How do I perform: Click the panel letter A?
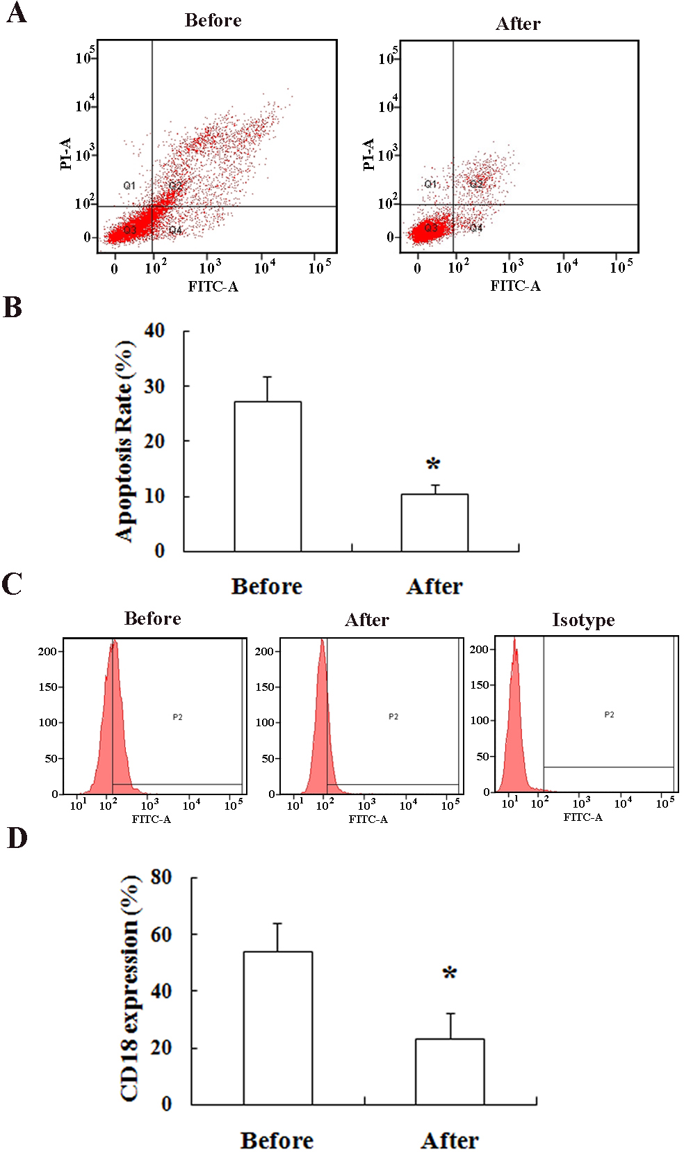click(x=16, y=13)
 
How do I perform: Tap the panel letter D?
click(x=17, y=838)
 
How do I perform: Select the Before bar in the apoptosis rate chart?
click(x=268, y=477)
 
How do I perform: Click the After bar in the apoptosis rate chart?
click(x=434, y=522)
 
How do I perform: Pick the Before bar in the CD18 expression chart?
click(x=277, y=1027)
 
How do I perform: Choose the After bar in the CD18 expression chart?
click(x=450, y=1071)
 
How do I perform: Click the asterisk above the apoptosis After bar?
click(x=433, y=464)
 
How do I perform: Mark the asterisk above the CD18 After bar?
click(x=450, y=973)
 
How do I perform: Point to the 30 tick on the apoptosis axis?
click(x=154, y=386)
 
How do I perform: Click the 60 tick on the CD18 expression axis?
click(x=161, y=934)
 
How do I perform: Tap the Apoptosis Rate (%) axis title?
click(x=125, y=441)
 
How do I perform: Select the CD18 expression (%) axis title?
click(x=130, y=989)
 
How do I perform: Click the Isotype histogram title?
click(x=583, y=620)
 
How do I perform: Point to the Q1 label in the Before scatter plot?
click(x=129, y=186)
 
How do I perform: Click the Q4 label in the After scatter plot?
click(x=476, y=228)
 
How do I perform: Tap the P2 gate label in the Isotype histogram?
click(x=609, y=714)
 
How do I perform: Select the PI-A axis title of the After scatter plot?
click(x=369, y=154)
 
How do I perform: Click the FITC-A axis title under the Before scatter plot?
click(x=213, y=287)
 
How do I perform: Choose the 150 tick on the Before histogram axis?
click(x=48, y=687)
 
